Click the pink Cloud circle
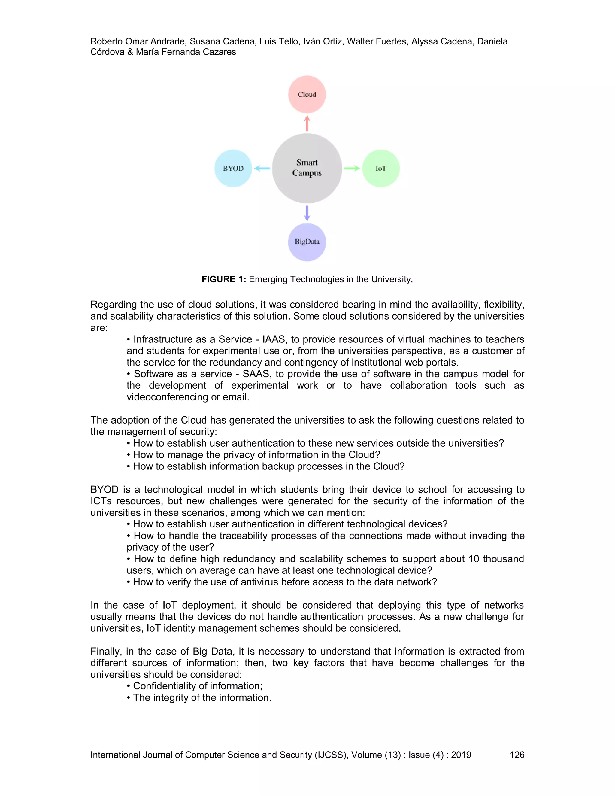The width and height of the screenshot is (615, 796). [307, 94]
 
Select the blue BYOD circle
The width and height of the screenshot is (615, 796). [233, 169]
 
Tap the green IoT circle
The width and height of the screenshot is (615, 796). [381, 169]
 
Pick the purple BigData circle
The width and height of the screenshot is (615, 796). [307, 242]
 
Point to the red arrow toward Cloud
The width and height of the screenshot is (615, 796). [307, 123]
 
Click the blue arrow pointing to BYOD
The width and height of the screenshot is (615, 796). [262, 169]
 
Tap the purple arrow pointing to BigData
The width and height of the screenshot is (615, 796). [307, 213]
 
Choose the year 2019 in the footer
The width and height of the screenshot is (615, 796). [461, 755]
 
